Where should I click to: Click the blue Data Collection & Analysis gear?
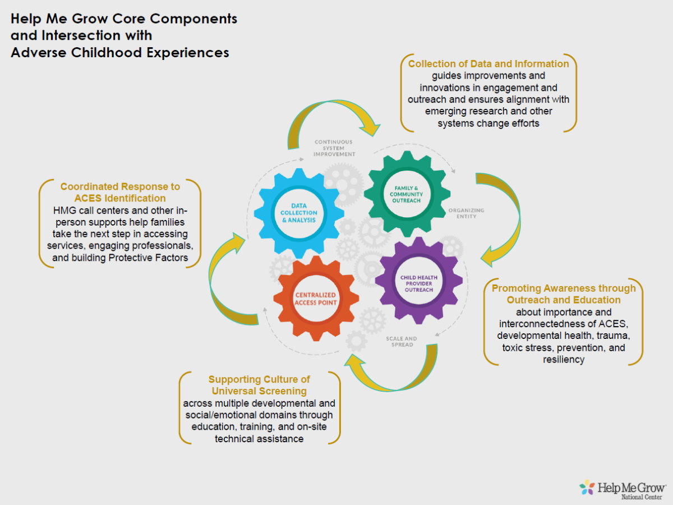click(299, 213)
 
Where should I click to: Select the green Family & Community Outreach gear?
click(407, 194)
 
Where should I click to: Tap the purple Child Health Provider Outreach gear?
click(418, 282)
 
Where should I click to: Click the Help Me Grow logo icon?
click(587, 487)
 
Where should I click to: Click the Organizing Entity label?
click(466, 214)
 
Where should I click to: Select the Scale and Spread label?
click(401, 341)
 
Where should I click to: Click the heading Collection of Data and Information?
click(488, 64)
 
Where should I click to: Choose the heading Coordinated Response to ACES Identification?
click(120, 192)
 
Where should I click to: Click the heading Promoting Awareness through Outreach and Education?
click(564, 294)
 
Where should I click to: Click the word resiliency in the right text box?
click(564, 359)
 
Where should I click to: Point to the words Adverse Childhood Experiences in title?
click(120, 52)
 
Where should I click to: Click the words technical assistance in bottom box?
click(259, 439)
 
